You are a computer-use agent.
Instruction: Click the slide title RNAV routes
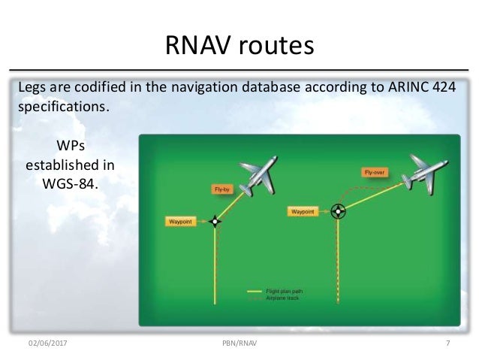point(239,47)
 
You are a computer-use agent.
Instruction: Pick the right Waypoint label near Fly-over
point(304,212)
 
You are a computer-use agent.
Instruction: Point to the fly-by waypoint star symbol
point(215,221)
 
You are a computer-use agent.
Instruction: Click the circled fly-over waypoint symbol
point(339,212)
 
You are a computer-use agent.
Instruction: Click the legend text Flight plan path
point(286,291)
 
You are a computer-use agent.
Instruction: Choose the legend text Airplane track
point(283,298)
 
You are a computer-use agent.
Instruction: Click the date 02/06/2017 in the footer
point(47,343)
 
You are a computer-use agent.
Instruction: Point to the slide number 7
point(447,343)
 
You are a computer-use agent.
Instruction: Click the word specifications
point(64,106)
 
